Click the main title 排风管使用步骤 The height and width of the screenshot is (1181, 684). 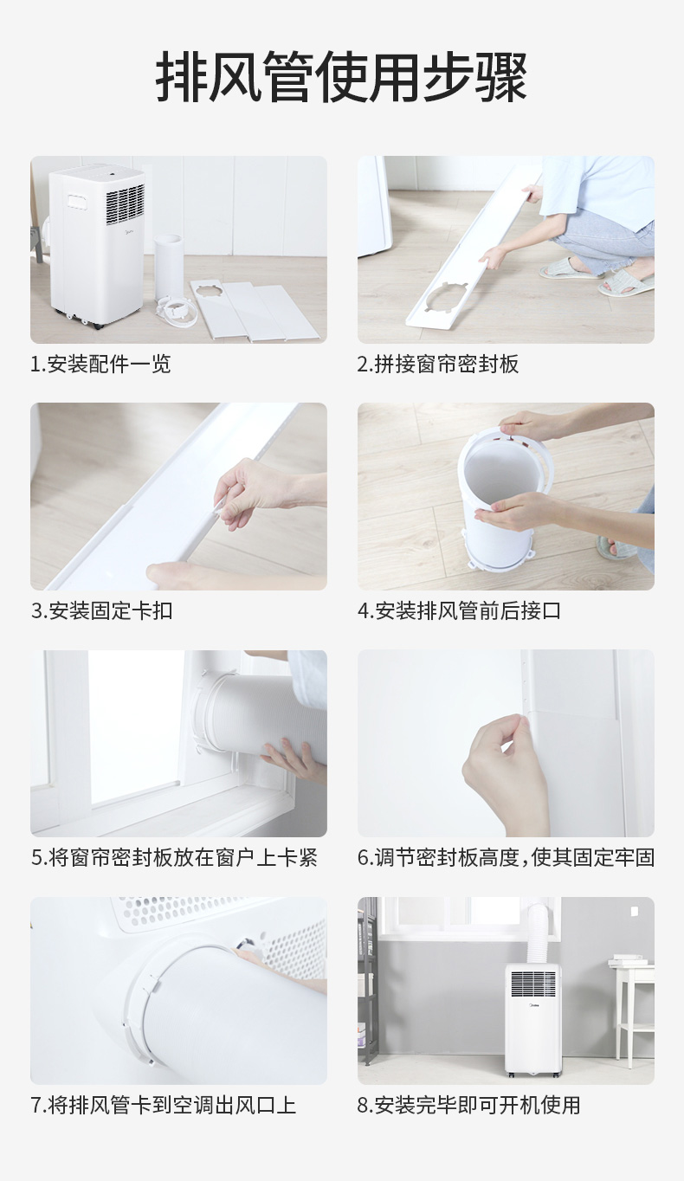[341, 78]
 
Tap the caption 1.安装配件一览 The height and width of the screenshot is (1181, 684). [100, 364]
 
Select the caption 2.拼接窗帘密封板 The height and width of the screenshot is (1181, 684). [438, 364]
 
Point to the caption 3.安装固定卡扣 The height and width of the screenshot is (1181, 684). [101, 610]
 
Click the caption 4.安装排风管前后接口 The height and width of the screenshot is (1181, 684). [459, 610]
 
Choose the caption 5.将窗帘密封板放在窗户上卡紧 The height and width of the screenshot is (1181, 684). [174, 858]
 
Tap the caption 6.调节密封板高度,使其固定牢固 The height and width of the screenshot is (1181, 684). [506, 858]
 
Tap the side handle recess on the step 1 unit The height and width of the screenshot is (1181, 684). [78, 202]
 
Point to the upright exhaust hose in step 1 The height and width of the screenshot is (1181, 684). [168, 268]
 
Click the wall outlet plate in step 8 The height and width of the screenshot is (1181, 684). [635, 911]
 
